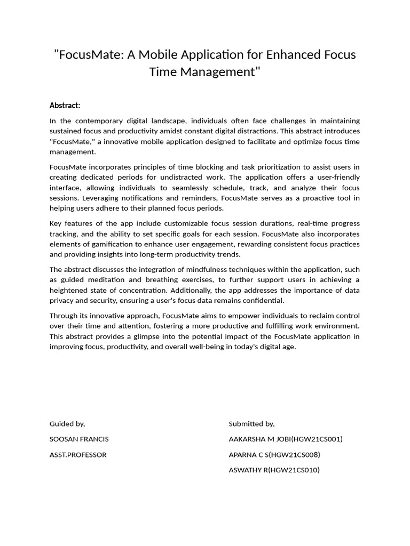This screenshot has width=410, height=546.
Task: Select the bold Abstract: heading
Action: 65,105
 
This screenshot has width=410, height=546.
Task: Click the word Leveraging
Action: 68,198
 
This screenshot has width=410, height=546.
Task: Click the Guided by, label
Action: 67,424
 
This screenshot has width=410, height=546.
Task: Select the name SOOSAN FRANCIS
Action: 79,439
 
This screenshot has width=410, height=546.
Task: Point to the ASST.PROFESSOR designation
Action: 78,455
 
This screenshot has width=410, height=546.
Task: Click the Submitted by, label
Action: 251,424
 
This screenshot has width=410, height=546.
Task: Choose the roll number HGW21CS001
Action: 317,439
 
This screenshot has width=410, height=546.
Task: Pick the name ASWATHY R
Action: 248,470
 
